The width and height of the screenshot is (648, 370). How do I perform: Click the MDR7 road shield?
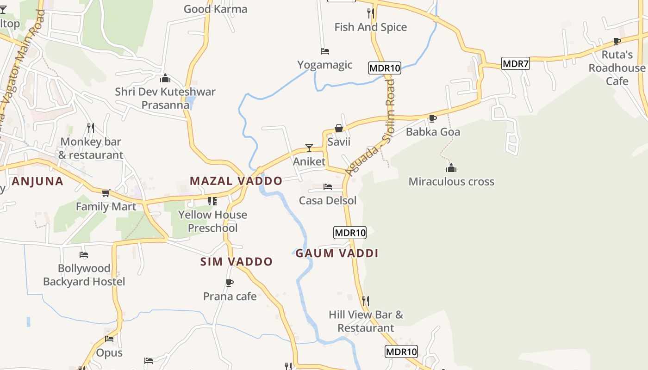coord(516,64)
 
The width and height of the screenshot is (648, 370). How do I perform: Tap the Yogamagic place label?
coord(324,65)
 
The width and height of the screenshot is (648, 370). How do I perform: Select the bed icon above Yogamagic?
coord(325,51)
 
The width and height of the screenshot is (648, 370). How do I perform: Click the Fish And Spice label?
coord(370,27)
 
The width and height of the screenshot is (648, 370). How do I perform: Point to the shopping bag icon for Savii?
coord(339,128)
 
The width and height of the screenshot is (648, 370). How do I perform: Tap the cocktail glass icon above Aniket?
coord(309,148)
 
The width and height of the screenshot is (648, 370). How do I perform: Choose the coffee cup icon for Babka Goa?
coord(433,118)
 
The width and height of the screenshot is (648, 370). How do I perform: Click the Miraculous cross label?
coord(451,182)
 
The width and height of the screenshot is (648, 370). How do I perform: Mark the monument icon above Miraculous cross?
coord(451,168)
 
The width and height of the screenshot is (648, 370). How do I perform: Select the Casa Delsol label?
coord(328,201)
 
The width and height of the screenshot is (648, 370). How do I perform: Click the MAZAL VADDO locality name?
coord(236,181)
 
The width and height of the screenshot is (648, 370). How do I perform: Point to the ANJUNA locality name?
coord(37,181)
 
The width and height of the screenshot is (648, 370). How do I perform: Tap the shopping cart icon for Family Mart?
coord(106,193)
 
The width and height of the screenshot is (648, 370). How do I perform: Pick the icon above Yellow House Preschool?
coord(212,201)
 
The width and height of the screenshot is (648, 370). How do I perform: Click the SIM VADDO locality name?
coord(237,262)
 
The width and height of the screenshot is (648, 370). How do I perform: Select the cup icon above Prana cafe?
coord(230,283)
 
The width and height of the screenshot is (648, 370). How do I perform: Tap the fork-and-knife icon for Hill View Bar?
coord(366,301)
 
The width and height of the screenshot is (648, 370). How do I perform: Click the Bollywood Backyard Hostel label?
coord(84,275)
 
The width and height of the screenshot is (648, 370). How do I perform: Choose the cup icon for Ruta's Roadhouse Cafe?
coord(617,42)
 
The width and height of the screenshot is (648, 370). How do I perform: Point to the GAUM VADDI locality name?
coord(337,253)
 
